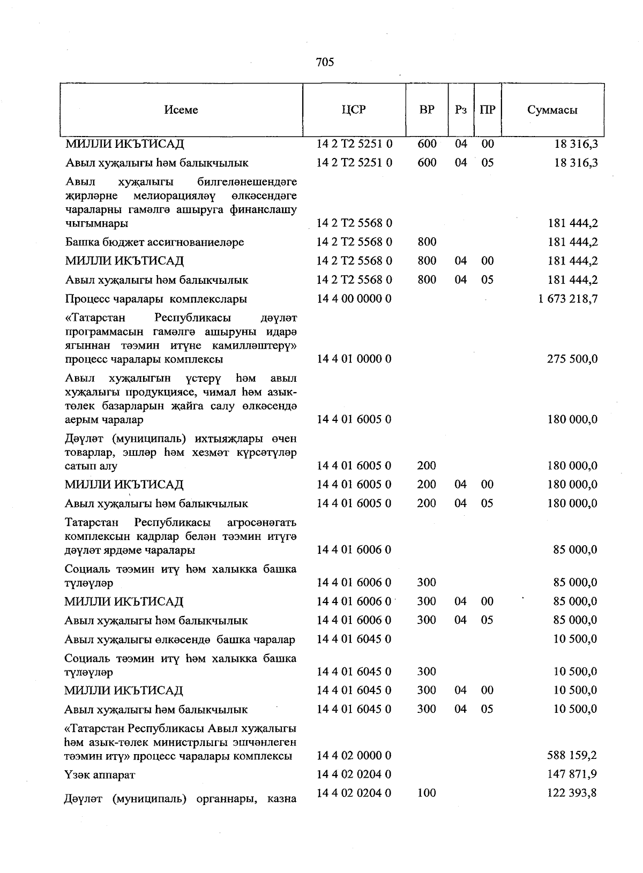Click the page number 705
click(x=325, y=62)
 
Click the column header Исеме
click(x=181, y=110)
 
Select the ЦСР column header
click(x=354, y=110)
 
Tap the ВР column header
click(x=427, y=110)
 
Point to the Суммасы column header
click(x=552, y=110)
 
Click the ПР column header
click(x=487, y=110)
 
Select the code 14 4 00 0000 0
click(x=354, y=299)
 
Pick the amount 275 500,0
click(x=572, y=359)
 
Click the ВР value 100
click(x=427, y=793)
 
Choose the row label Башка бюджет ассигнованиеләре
click(x=154, y=242)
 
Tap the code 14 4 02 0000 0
click(x=354, y=756)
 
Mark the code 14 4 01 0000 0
click(x=354, y=359)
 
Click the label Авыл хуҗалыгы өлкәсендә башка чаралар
click(x=180, y=639)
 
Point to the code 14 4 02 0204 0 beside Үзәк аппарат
click(x=354, y=774)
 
